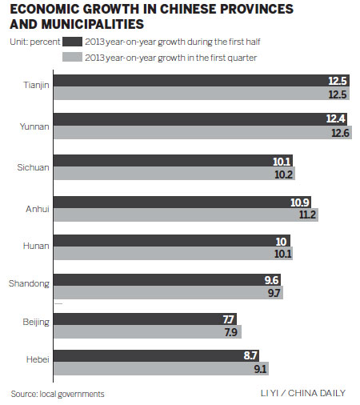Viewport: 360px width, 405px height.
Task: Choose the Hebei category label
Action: [38, 361]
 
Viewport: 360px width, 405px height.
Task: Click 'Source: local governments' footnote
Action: [58, 393]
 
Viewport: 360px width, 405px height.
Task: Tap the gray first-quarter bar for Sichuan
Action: [176, 174]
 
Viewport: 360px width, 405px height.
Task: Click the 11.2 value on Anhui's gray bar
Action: [306, 215]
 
